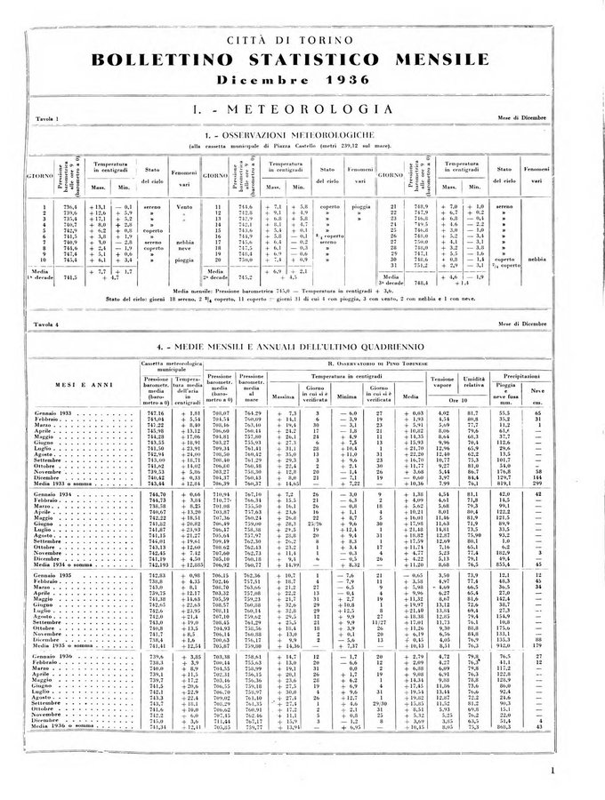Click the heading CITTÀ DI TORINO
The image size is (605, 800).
pos(302,42)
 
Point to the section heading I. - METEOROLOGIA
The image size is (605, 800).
pos(303,108)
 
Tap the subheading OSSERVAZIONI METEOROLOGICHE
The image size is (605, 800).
pos(307,134)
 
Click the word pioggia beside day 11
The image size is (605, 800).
pos(363,206)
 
